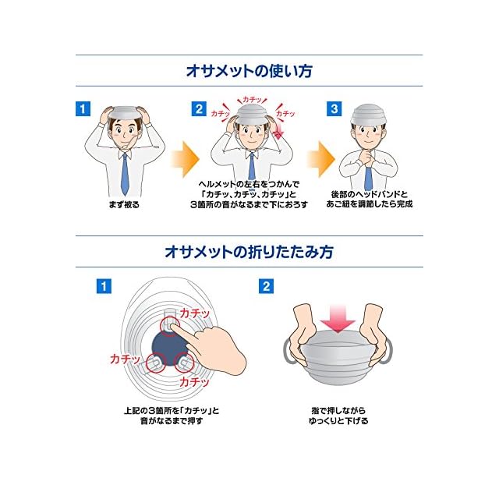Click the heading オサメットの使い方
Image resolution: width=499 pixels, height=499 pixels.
tap(249, 70)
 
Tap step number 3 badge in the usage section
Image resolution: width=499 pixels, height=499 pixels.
tap(334, 108)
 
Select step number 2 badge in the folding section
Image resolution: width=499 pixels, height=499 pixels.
tap(267, 286)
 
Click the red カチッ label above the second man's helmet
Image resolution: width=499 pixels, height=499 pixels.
tap(252, 100)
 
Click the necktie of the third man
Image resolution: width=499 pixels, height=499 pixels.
tap(368, 175)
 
